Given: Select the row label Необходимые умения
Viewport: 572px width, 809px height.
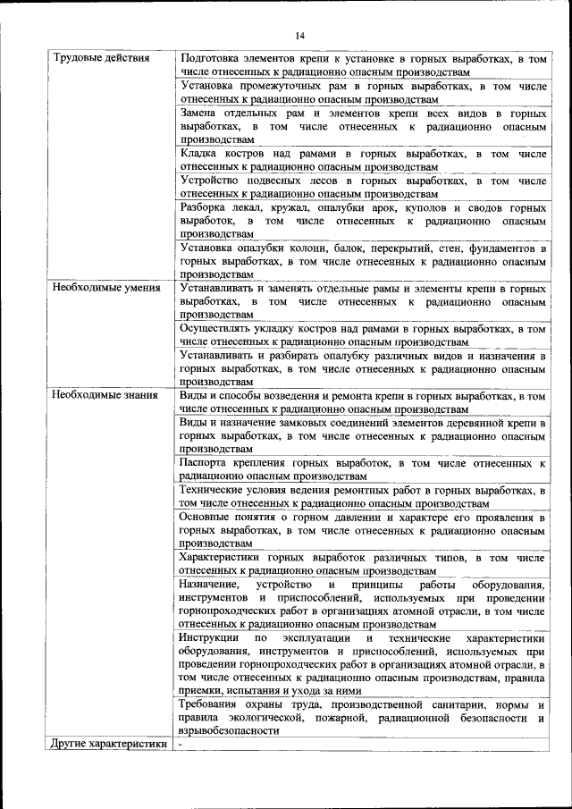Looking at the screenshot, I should click(105, 289).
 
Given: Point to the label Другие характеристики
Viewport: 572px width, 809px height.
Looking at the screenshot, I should click(109, 743).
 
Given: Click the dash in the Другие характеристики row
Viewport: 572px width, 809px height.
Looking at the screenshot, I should click(180, 743).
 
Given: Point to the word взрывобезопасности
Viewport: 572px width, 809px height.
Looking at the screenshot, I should click(230, 729).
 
